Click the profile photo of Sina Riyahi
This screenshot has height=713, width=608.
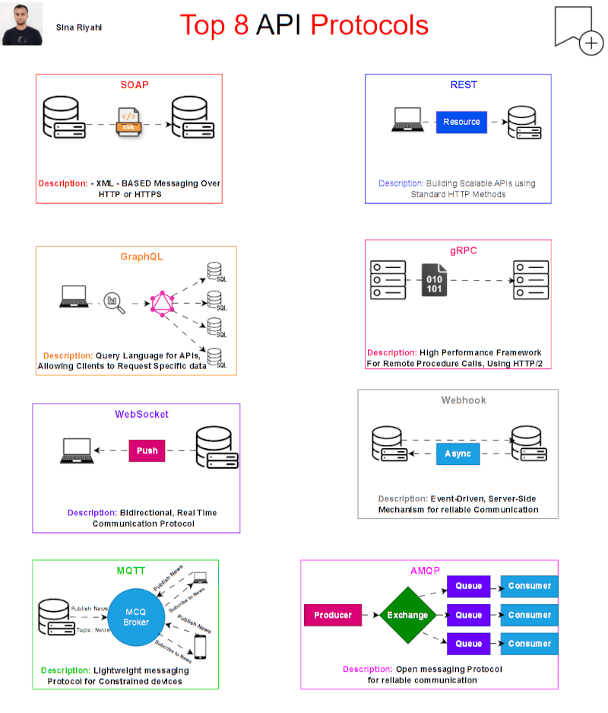pyautogui.click(x=22, y=24)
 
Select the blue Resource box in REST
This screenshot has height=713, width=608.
pyautogui.click(x=461, y=122)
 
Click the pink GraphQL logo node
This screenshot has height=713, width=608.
pyautogui.click(x=161, y=303)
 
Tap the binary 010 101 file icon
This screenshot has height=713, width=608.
pyautogui.click(x=435, y=280)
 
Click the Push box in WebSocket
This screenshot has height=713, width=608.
pyautogui.click(x=147, y=450)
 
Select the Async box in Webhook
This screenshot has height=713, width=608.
pyautogui.click(x=458, y=454)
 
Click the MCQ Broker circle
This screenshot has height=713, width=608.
pyautogui.click(x=137, y=616)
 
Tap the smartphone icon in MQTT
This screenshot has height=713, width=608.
pyautogui.click(x=201, y=646)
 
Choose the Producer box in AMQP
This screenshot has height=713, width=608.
pyautogui.click(x=332, y=615)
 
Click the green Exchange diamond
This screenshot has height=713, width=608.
pyautogui.click(x=407, y=615)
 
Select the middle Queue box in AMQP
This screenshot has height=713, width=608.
pyautogui.click(x=469, y=615)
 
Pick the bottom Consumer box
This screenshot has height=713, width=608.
pyautogui.click(x=529, y=644)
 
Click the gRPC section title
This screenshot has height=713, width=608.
pyautogui.click(x=463, y=250)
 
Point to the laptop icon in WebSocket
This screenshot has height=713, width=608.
pyautogui.click(x=75, y=451)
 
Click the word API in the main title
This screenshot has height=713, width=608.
pyautogui.click(x=279, y=25)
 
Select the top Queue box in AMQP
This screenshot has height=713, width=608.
pyautogui.click(x=469, y=586)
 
